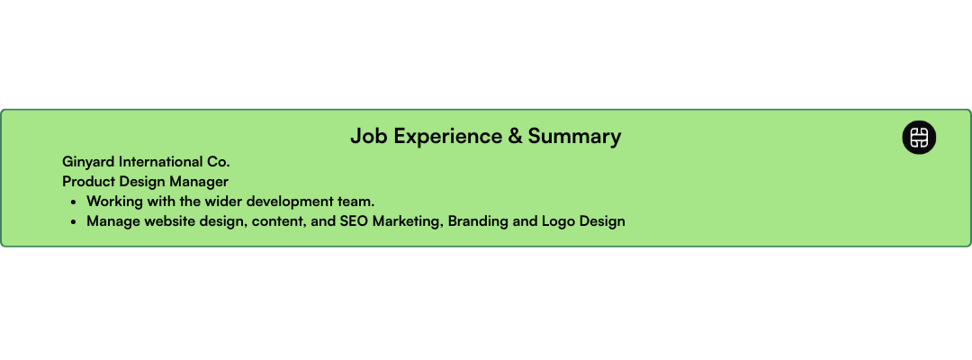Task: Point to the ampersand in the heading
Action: (515, 137)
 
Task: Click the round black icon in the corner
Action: (919, 138)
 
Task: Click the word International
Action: (162, 162)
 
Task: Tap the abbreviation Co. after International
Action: (219, 162)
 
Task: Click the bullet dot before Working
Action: (73, 202)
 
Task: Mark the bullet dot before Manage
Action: (73, 221)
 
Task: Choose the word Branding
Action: (479, 220)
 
